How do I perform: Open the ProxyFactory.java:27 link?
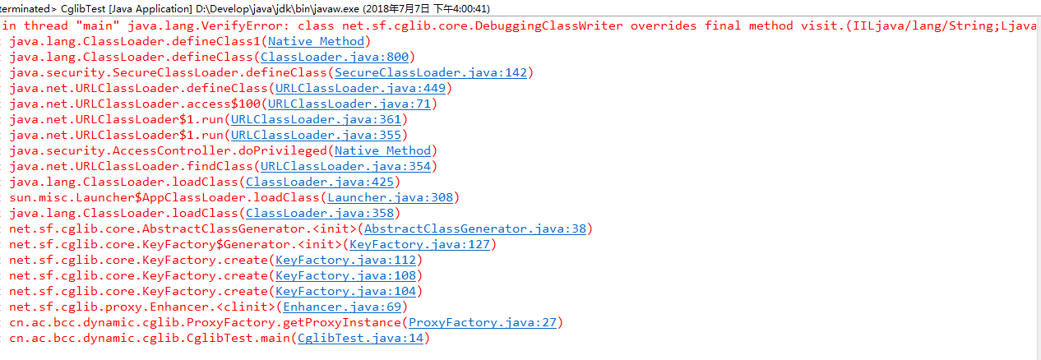(483, 323)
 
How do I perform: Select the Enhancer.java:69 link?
(342, 307)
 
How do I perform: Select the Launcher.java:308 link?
(390, 198)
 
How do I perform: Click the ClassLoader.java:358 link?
(320, 214)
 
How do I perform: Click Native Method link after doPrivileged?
(382, 151)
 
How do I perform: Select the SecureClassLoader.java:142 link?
(431, 73)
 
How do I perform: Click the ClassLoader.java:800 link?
(335, 58)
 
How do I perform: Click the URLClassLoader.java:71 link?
(349, 104)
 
